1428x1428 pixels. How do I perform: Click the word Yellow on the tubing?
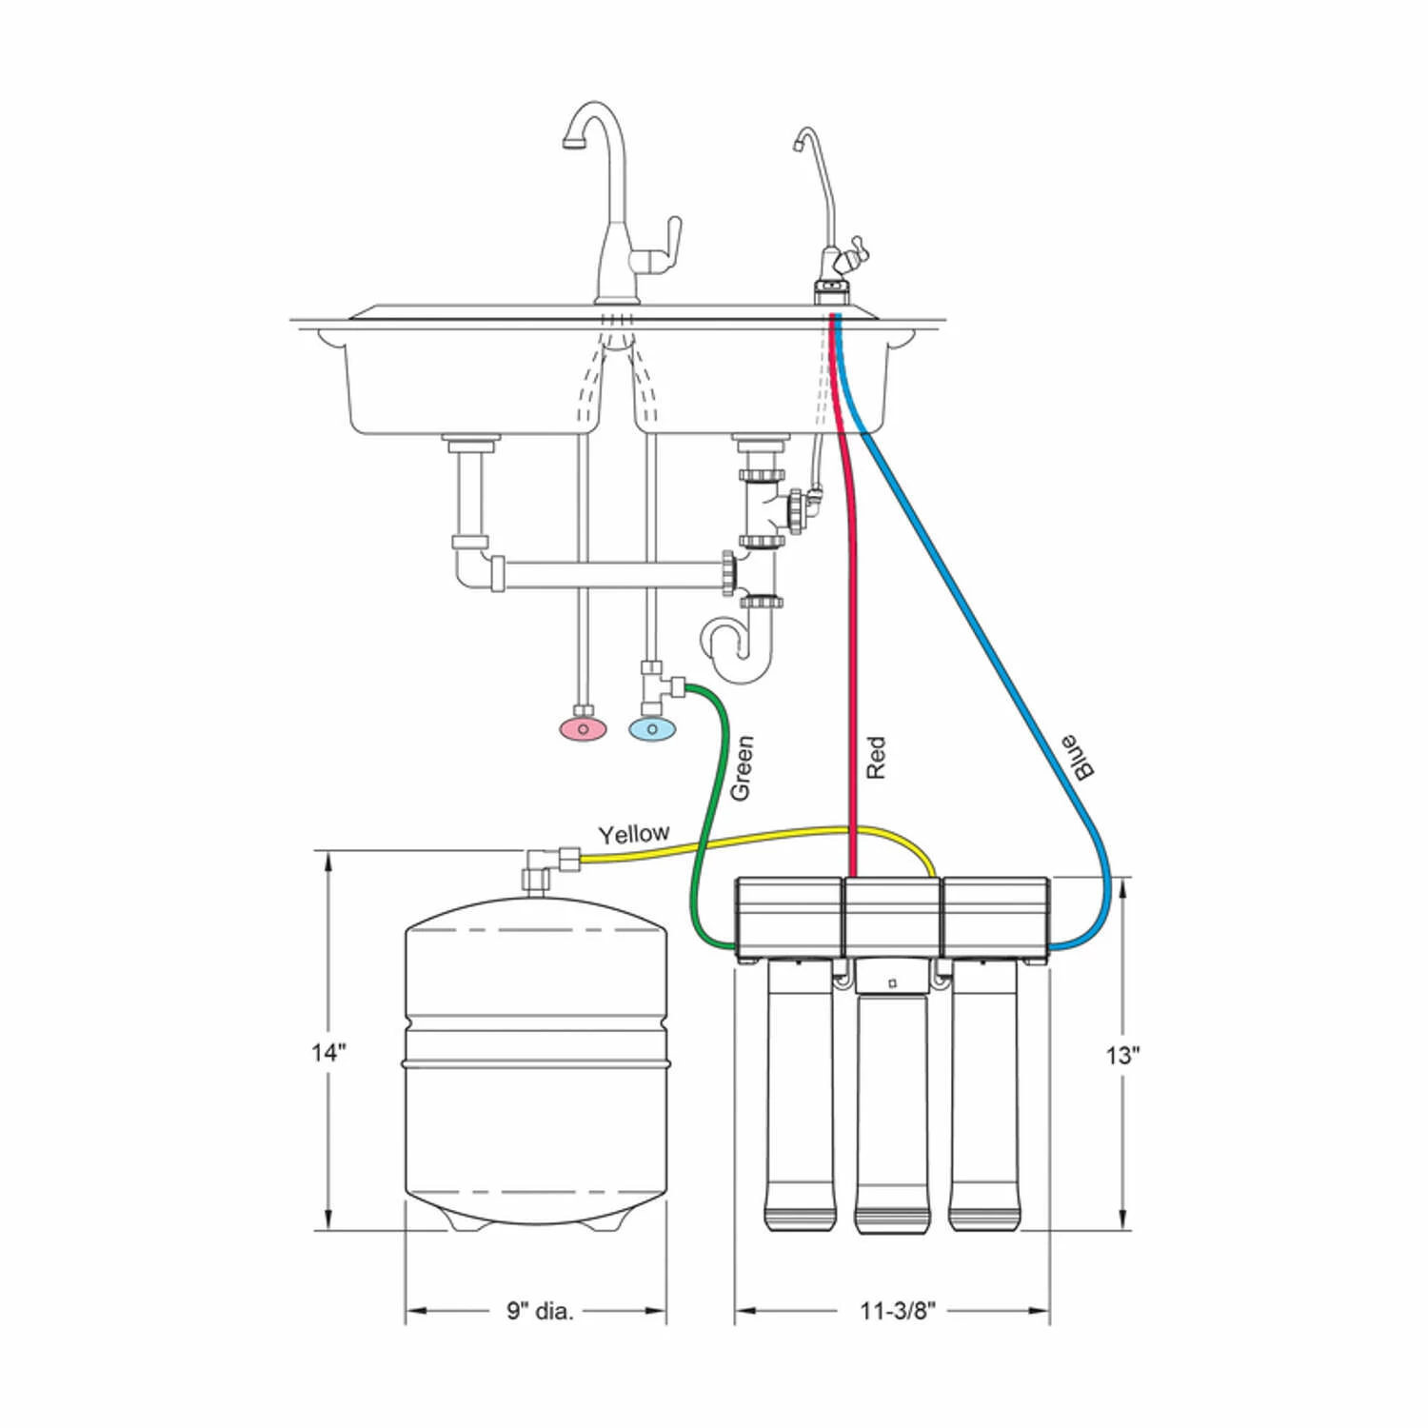tap(633, 834)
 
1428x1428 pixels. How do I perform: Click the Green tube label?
tap(742, 767)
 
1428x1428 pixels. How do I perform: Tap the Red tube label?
tap(876, 757)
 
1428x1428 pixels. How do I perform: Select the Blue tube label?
tap(1078, 758)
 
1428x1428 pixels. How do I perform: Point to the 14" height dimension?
tap(328, 1053)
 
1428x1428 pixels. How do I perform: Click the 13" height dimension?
tap(1122, 1055)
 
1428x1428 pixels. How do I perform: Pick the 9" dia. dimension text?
tap(540, 1311)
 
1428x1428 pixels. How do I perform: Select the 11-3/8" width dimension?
tap(897, 1311)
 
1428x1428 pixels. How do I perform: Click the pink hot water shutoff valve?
tap(582, 729)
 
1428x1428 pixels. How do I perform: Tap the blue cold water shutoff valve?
tap(652, 729)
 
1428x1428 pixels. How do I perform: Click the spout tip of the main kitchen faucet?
tap(573, 142)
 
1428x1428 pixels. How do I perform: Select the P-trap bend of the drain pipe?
tap(738, 652)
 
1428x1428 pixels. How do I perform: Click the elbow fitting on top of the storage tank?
tap(539, 867)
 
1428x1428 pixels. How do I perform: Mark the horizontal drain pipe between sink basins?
tap(609, 574)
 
